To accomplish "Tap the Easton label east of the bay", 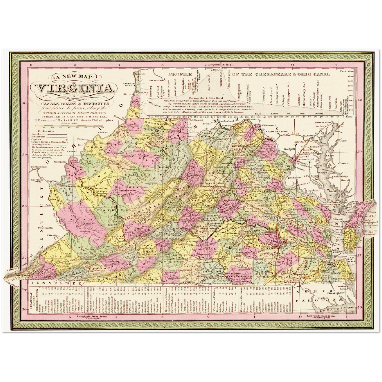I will (x=344, y=163).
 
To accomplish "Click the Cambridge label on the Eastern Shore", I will (x=340, y=176).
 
